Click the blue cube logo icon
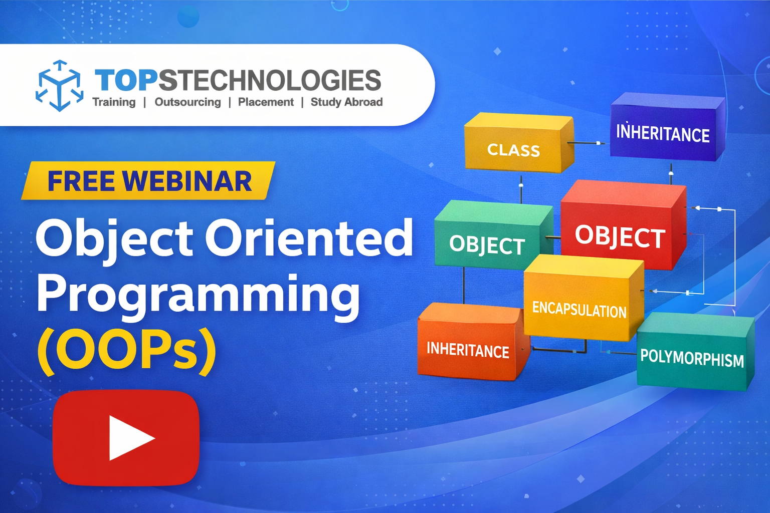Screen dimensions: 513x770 point(60,85)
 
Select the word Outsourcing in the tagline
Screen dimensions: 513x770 point(187,102)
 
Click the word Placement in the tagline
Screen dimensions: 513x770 point(266,102)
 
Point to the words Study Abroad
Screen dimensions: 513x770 point(346,102)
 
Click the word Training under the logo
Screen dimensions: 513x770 point(114,102)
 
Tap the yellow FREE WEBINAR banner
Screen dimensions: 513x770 point(149,181)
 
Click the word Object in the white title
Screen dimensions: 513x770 point(114,238)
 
